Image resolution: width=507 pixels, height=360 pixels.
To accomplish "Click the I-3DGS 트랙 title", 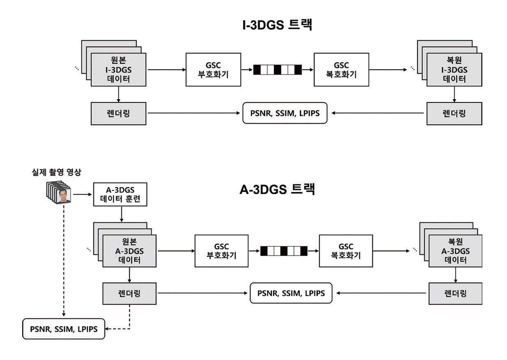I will (x=278, y=25).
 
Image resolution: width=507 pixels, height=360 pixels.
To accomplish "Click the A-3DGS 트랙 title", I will (x=277, y=190).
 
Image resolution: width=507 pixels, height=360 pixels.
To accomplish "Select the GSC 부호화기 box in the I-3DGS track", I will (x=213, y=70).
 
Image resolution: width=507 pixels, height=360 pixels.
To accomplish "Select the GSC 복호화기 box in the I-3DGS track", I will (x=341, y=70).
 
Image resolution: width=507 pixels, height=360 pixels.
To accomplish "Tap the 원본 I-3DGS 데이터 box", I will (x=118, y=70).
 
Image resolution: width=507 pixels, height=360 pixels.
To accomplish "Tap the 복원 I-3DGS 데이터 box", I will (x=454, y=70).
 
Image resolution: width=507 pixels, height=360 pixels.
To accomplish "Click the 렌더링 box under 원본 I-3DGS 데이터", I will (x=118, y=113).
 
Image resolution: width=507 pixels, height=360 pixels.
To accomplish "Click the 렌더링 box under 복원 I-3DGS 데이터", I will (x=454, y=113).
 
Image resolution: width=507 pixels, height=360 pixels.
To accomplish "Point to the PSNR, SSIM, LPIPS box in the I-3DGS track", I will (x=285, y=113).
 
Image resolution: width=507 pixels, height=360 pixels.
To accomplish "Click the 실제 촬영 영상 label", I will (x=57, y=172).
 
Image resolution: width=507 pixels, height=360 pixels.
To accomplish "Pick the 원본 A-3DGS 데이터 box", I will (x=130, y=251).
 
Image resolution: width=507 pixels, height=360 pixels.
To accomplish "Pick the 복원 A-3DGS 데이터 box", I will (x=455, y=251).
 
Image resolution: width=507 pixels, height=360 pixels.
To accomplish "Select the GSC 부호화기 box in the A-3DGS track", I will (x=221, y=251).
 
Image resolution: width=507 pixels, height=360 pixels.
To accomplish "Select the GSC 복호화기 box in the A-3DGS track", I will (x=346, y=251).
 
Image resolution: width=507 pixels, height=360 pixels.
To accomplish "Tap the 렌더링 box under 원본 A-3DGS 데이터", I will (x=130, y=293).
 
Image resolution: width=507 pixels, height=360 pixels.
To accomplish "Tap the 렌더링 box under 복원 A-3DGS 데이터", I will (x=455, y=293).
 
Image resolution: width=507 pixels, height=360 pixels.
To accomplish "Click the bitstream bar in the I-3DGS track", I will (x=277, y=70).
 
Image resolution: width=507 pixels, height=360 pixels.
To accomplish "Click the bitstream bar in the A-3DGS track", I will (x=284, y=251).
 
